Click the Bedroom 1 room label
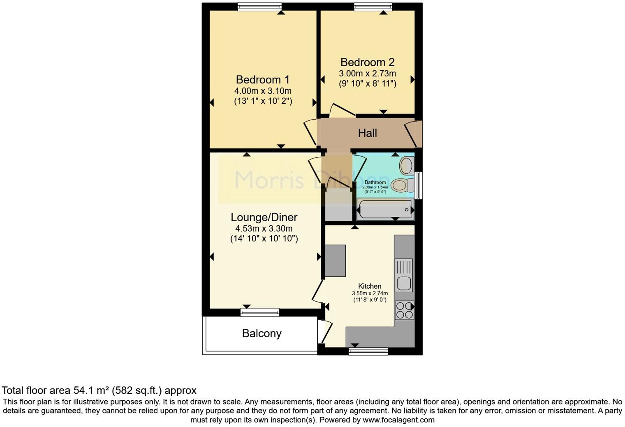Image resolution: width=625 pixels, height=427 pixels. [263, 79]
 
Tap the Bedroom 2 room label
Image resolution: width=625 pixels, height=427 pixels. [367, 62]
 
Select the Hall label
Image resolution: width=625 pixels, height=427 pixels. [367, 133]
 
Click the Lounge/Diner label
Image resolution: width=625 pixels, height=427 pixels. [264, 217]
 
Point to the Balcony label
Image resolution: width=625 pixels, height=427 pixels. [262, 333]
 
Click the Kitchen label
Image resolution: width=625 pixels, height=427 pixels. [370, 286]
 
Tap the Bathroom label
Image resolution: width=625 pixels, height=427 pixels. [375, 182]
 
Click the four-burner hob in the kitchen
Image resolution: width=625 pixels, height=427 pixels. [404, 310]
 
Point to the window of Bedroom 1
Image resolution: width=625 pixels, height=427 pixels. [259, 7]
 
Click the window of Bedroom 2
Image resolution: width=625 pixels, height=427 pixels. [373, 7]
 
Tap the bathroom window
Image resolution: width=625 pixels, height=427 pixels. [419, 186]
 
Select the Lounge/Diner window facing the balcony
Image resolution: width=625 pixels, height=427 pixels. [260, 312]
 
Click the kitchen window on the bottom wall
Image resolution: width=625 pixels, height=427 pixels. [368, 351]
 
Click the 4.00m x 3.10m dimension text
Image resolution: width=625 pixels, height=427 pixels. [263, 91]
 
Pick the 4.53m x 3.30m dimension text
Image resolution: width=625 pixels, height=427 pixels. [264, 229]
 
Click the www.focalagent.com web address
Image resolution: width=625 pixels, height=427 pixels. [398, 420]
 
